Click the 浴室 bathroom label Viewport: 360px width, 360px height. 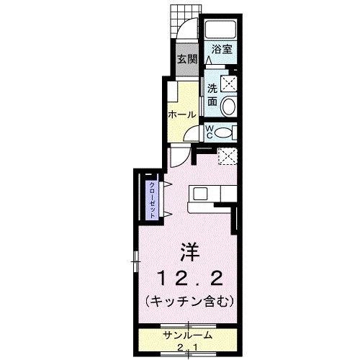pos(222,50)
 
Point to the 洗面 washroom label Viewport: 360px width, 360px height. pos(212,94)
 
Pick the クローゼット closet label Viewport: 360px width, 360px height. pos(153,197)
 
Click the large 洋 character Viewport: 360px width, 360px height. pos(189,253)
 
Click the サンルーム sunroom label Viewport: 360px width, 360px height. pos(186,335)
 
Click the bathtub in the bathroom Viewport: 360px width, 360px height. pos(222,31)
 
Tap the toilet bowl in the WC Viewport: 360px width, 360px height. pos(225,131)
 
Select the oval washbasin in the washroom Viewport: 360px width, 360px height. pos(228,107)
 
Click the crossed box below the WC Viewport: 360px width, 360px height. pos(228,154)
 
